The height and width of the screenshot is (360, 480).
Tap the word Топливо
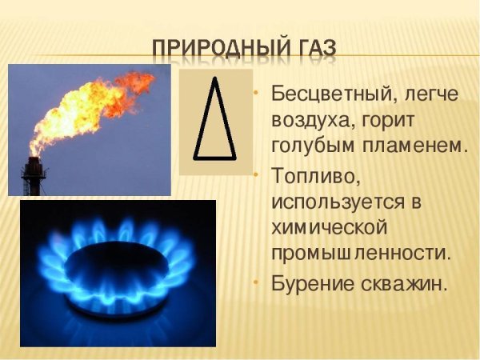pos(315,175)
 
